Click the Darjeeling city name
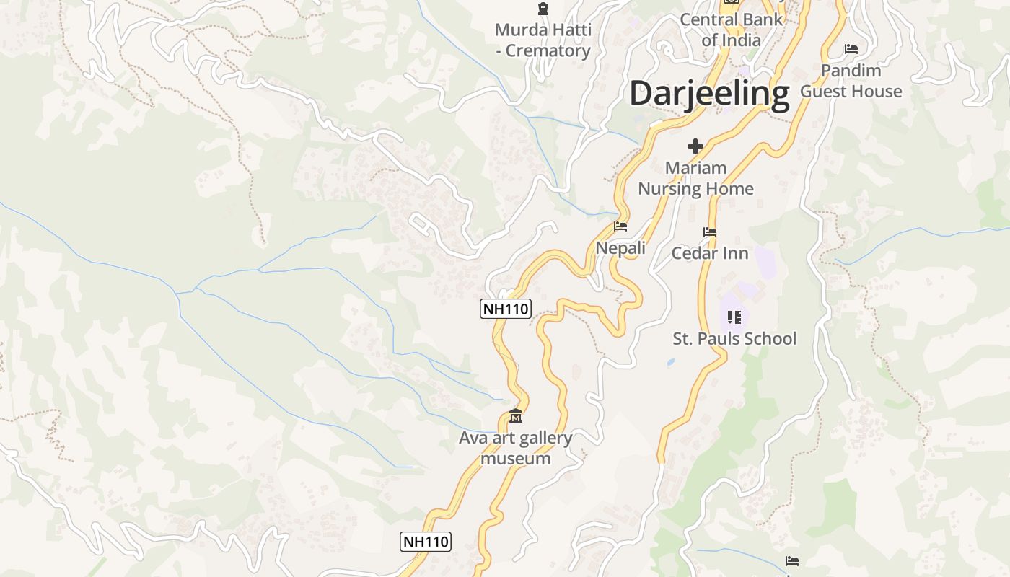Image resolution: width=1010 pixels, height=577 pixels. pos(709,94)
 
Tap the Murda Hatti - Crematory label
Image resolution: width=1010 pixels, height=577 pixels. pos(543,40)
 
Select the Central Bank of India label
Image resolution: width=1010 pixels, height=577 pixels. pos(731,30)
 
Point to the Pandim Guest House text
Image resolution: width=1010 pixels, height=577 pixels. pos(851,81)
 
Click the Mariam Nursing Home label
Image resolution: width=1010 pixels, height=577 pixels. pos(695,178)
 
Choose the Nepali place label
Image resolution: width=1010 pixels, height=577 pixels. pos(620,248)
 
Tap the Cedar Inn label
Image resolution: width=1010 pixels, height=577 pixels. pos(710,253)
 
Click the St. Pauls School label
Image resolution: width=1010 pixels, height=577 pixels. pos(734,338)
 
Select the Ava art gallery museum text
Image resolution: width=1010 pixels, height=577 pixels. pos(515,448)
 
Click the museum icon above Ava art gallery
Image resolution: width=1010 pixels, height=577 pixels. pos(516,417)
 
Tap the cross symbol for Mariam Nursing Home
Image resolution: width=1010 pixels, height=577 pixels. pos(695,147)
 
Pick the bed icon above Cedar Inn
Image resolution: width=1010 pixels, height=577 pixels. pos(710,232)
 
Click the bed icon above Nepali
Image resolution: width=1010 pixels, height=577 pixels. pos(620,226)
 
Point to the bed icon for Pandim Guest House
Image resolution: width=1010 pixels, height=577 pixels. pos(851,49)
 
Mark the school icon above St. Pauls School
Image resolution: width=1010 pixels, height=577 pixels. pos(734,317)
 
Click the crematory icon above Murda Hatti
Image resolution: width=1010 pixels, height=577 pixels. pos(543,9)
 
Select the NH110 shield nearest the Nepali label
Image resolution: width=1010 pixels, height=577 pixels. pos(505,309)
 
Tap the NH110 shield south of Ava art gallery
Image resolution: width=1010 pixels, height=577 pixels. pos(426,542)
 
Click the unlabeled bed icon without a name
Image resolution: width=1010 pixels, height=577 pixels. pos(792,561)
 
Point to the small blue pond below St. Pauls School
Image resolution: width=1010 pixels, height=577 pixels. pos(672,361)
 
